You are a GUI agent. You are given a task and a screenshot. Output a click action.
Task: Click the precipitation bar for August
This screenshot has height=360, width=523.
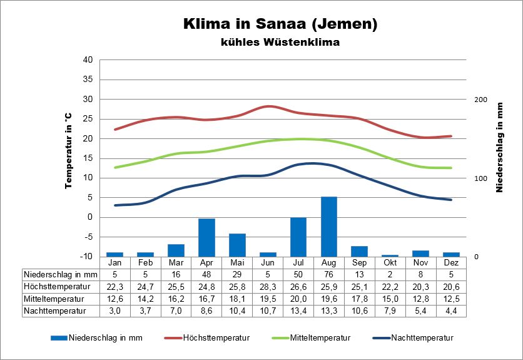(329, 226)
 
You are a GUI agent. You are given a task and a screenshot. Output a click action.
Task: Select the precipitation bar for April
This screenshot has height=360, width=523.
(206, 237)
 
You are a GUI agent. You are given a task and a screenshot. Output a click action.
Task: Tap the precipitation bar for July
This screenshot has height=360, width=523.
(298, 237)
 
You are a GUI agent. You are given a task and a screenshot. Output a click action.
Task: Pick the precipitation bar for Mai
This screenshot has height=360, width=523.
(237, 245)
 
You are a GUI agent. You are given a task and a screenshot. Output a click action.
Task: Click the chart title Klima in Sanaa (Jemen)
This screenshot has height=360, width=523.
(280, 24)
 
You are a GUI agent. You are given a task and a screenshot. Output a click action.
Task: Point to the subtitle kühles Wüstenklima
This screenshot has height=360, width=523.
(280, 43)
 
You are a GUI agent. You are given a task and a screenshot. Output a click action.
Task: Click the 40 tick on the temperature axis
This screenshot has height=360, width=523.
(88, 60)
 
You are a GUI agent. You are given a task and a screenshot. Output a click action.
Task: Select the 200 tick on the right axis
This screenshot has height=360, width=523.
(480, 100)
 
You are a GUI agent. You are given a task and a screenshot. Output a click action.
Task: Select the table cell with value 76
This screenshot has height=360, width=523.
(329, 274)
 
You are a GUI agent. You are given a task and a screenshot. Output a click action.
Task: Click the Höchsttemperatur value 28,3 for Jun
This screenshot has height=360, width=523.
(268, 286)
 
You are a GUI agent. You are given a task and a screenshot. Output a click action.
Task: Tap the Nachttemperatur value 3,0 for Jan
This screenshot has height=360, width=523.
(114, 310)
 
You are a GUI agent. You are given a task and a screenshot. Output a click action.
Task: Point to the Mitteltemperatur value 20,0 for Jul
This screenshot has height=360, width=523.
(298, 298)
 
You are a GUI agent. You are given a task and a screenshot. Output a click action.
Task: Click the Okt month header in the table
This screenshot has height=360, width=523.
(390, 262)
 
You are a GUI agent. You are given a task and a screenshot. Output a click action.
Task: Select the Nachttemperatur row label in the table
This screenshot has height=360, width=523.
(54, 310)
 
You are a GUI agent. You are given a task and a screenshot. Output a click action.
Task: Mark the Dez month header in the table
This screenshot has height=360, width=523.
(452, 262)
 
